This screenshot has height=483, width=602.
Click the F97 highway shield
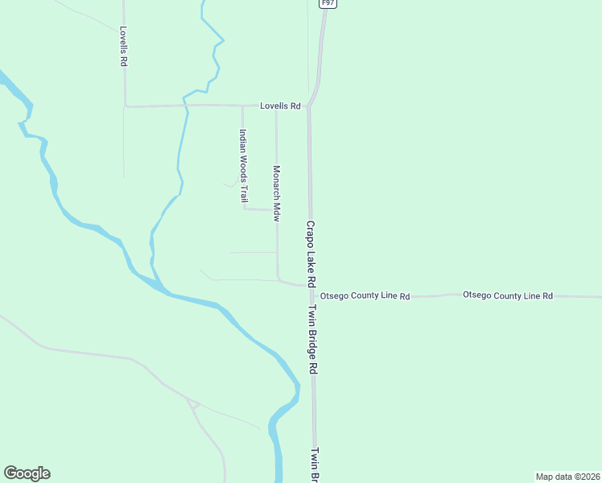point(327,3)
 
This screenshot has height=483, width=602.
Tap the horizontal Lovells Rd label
point(280,105)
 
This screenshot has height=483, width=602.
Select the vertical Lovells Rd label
point(124,47)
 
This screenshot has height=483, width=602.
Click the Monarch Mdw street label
point(276,194)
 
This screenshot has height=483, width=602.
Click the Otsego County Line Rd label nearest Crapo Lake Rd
point(365,296)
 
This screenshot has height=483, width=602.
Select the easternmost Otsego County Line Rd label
point(507,295)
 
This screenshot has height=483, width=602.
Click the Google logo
point(27,473)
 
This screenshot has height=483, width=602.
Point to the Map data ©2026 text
point(567,477)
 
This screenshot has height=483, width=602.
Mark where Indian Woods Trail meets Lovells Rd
point(242,105)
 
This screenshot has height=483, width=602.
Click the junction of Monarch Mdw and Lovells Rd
point(276,105)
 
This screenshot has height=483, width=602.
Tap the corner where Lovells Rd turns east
point(125,105)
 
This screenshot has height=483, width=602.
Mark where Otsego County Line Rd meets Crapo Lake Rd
point(311,286)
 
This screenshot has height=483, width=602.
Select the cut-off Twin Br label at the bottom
point(316,464)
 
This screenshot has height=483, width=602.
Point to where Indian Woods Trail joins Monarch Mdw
point(277,209)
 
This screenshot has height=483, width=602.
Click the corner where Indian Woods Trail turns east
point(244,208)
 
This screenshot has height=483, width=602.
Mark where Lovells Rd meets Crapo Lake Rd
point(309,105)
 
